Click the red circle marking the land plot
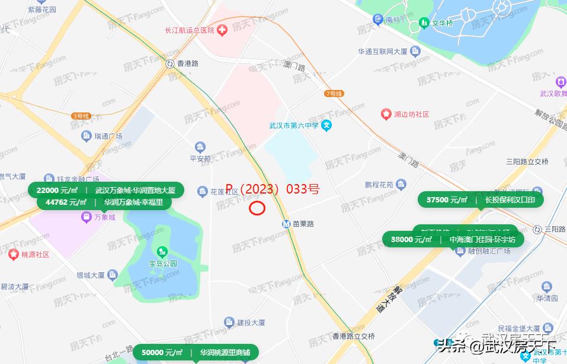(257, 208)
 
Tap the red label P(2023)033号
(273, 189)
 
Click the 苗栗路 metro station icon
(287, 224)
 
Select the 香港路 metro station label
(188, 63)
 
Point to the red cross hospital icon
(222, 30)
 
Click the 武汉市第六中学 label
(294, 125)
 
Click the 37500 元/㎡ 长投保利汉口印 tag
(480, 200)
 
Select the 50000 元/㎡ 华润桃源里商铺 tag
(196, 352)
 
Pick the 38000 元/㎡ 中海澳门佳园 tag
(453, 240)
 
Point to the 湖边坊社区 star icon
(386, 114)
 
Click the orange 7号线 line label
(334, 94)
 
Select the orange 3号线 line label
(79, 116)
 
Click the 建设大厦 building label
(251, 323)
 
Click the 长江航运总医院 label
(188, 30)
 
